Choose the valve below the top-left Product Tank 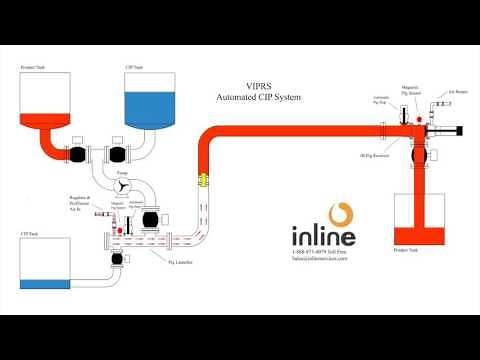click(x=77, y=154)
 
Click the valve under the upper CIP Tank click(x=122, y=154)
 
